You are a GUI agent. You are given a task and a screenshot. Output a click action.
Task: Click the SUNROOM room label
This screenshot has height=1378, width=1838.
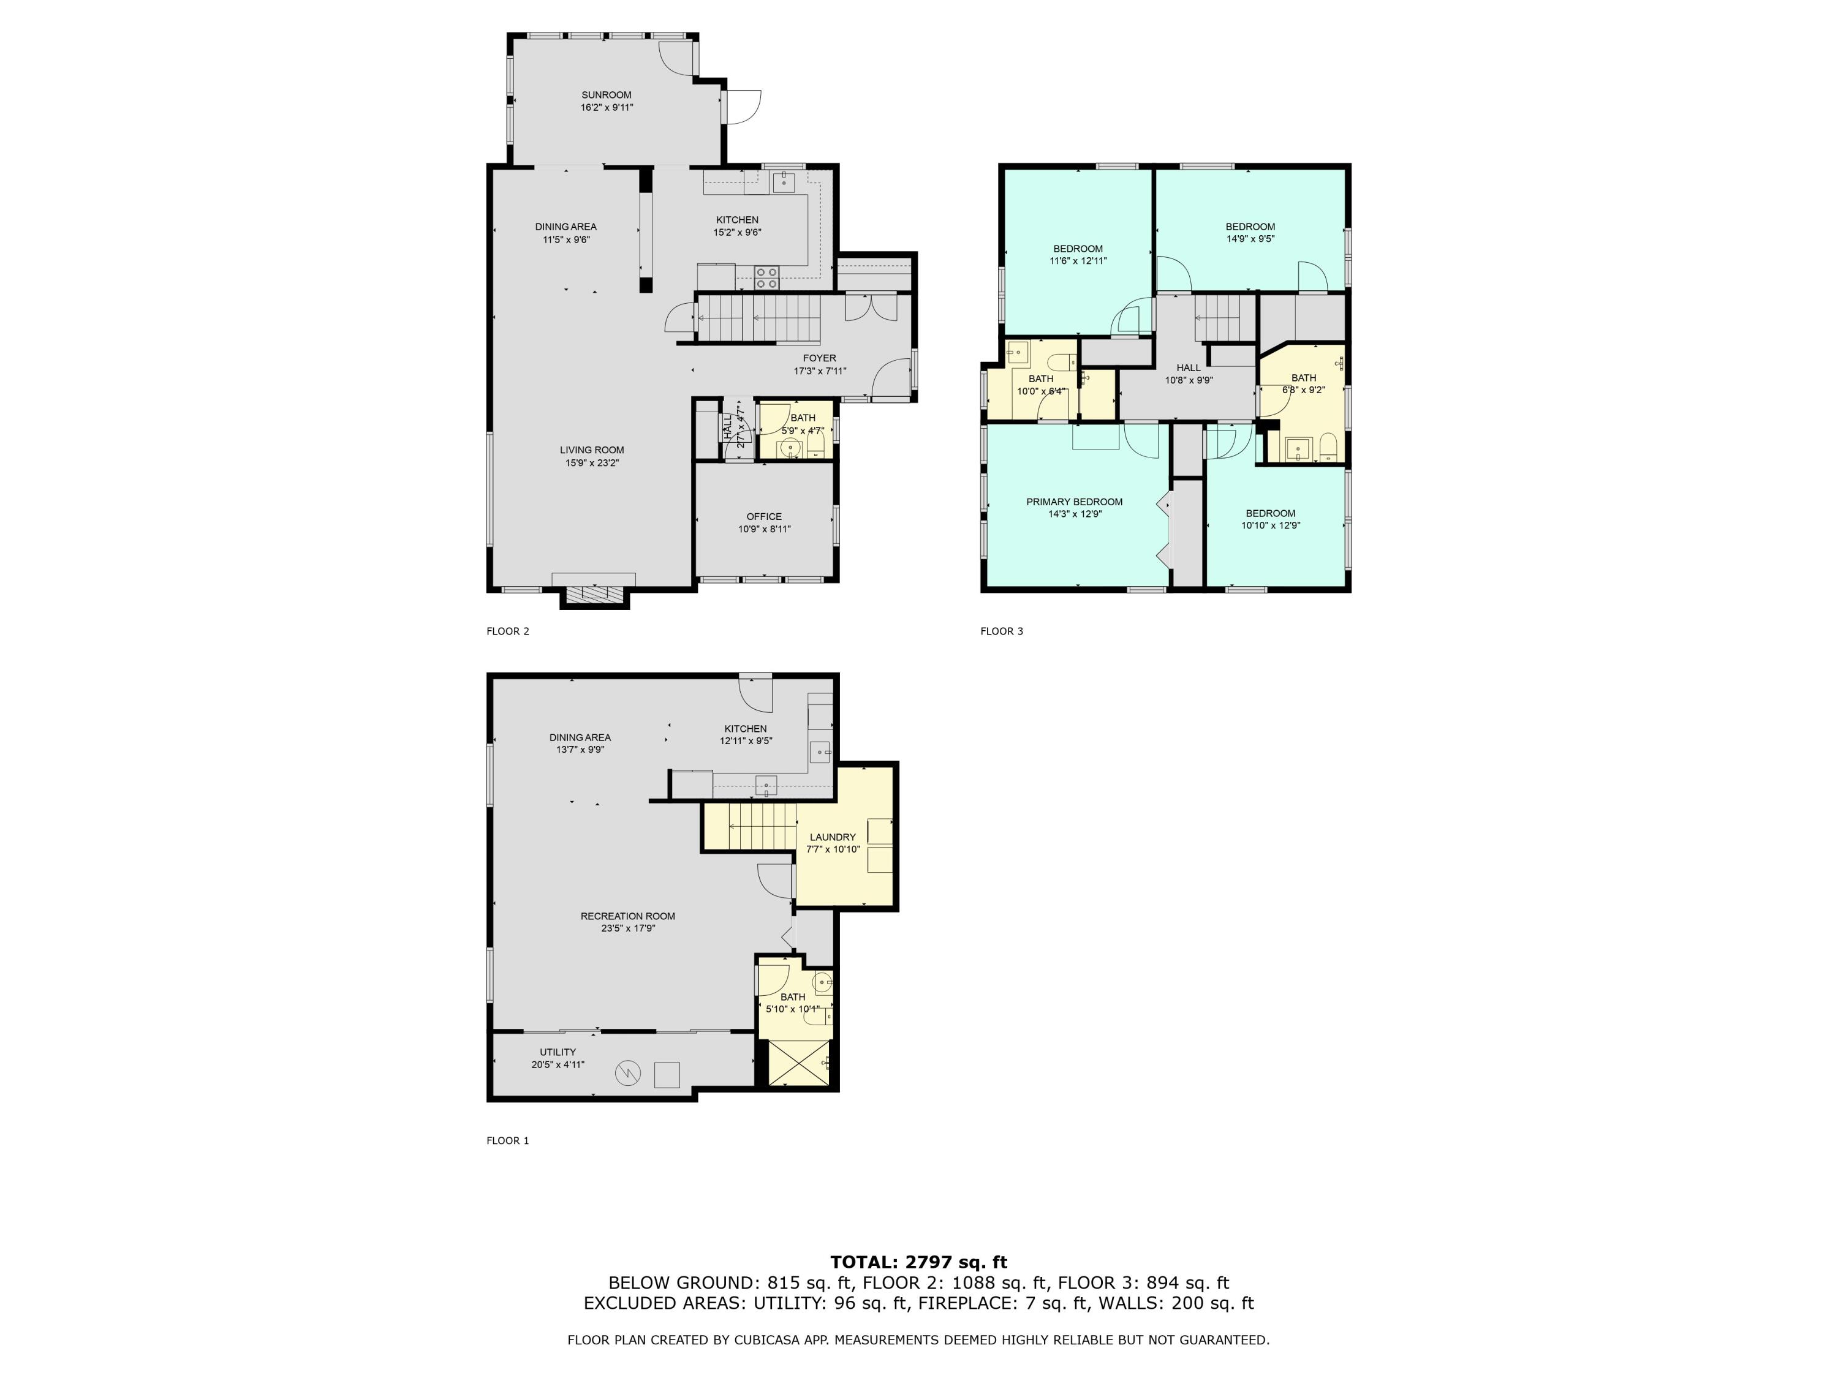[606, 95]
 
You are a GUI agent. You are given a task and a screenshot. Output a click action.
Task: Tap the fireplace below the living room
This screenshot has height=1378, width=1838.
[594, 595]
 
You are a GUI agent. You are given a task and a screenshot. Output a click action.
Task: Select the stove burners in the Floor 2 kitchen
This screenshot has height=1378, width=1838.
[767, 277]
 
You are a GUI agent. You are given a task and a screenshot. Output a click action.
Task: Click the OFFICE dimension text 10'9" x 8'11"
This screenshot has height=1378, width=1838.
[763, 529]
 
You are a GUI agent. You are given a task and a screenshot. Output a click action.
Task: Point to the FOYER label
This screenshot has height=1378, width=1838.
[819, 359]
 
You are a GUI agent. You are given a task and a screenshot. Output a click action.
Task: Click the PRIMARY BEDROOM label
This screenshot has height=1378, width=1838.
[1073, 502]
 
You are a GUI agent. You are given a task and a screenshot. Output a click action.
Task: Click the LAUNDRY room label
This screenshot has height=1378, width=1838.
[832, 837]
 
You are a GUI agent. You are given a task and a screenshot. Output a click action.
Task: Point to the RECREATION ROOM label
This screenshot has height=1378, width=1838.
[627, 916]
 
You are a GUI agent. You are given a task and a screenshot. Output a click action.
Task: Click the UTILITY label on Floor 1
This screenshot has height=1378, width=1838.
[558, 1052]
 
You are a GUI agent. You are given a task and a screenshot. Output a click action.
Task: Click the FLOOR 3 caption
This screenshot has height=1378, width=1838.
[1001, 631]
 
